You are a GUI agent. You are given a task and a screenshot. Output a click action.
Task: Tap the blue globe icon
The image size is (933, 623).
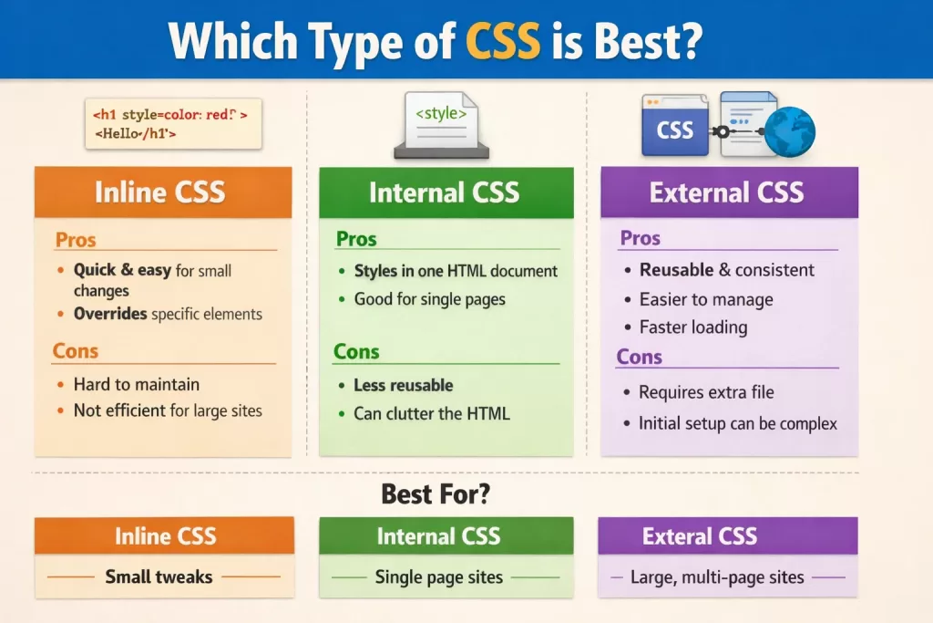coord(790,131)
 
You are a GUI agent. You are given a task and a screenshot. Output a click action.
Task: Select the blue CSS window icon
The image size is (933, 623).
coord(675,125)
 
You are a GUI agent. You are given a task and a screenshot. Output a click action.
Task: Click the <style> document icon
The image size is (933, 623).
coord(441,125)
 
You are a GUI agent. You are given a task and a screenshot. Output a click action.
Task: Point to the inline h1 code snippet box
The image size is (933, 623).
coord(173,124)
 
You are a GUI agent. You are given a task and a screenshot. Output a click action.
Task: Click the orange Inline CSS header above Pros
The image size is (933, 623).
coord(163,192)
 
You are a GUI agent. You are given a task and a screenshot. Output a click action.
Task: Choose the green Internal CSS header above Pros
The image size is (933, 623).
coord(446,192)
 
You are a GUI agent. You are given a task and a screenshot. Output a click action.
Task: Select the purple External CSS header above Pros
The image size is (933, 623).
coord(730,192)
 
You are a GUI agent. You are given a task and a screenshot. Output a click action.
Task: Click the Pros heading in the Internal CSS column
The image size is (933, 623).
coord(356,239)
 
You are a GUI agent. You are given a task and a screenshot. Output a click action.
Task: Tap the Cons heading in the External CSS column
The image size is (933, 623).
coord(639,357)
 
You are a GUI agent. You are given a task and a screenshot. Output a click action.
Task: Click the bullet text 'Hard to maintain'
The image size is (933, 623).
coord(137,384)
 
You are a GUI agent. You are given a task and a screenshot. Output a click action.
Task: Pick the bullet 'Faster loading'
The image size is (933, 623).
coord(693,327)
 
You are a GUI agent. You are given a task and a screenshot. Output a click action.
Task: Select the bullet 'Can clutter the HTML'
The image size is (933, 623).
coord(431,413)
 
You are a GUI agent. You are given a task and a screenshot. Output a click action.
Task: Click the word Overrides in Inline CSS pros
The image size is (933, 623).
coord(110,313)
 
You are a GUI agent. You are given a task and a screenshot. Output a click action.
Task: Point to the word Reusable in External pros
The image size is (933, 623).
coord(677,270)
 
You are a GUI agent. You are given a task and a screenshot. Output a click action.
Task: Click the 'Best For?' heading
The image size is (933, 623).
coord(436,493)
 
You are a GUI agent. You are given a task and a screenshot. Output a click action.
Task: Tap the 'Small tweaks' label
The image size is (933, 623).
coord(159,576)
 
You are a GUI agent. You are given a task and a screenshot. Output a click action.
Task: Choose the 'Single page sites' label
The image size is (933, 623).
coord(438,577)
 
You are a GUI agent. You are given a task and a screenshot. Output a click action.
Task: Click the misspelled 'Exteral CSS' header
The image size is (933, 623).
coord(700,536)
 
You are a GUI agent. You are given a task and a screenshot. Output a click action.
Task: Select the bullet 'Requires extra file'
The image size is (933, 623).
coord(706,392)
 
